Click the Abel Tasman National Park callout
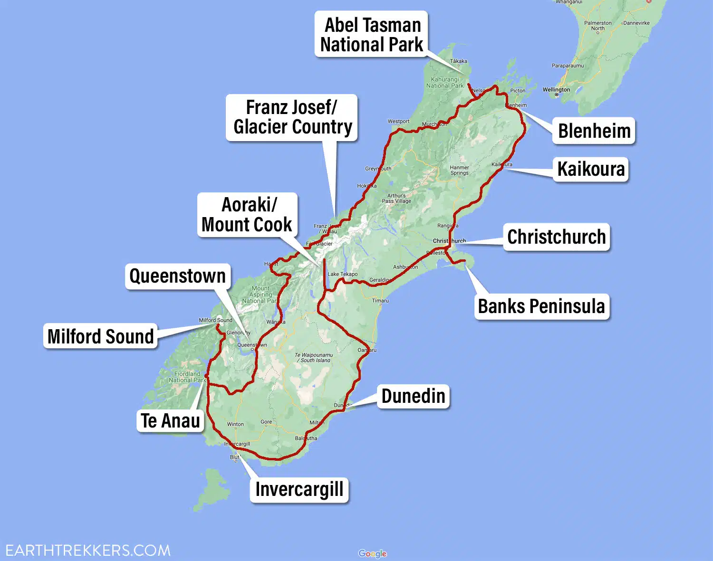371,34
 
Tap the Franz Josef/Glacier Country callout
292,117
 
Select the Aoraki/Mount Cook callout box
247,215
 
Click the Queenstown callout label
178,276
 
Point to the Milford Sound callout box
101,336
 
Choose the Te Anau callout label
171,421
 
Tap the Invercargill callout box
299,490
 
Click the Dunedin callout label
414,396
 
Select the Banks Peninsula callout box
541,306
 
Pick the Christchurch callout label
557,237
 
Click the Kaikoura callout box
591,169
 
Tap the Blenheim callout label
594,131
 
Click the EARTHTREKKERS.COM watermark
88,551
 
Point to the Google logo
372,553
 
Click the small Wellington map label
556,89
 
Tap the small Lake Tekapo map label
343,274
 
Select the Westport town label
398,122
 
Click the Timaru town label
380,301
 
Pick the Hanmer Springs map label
459,170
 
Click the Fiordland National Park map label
187,377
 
